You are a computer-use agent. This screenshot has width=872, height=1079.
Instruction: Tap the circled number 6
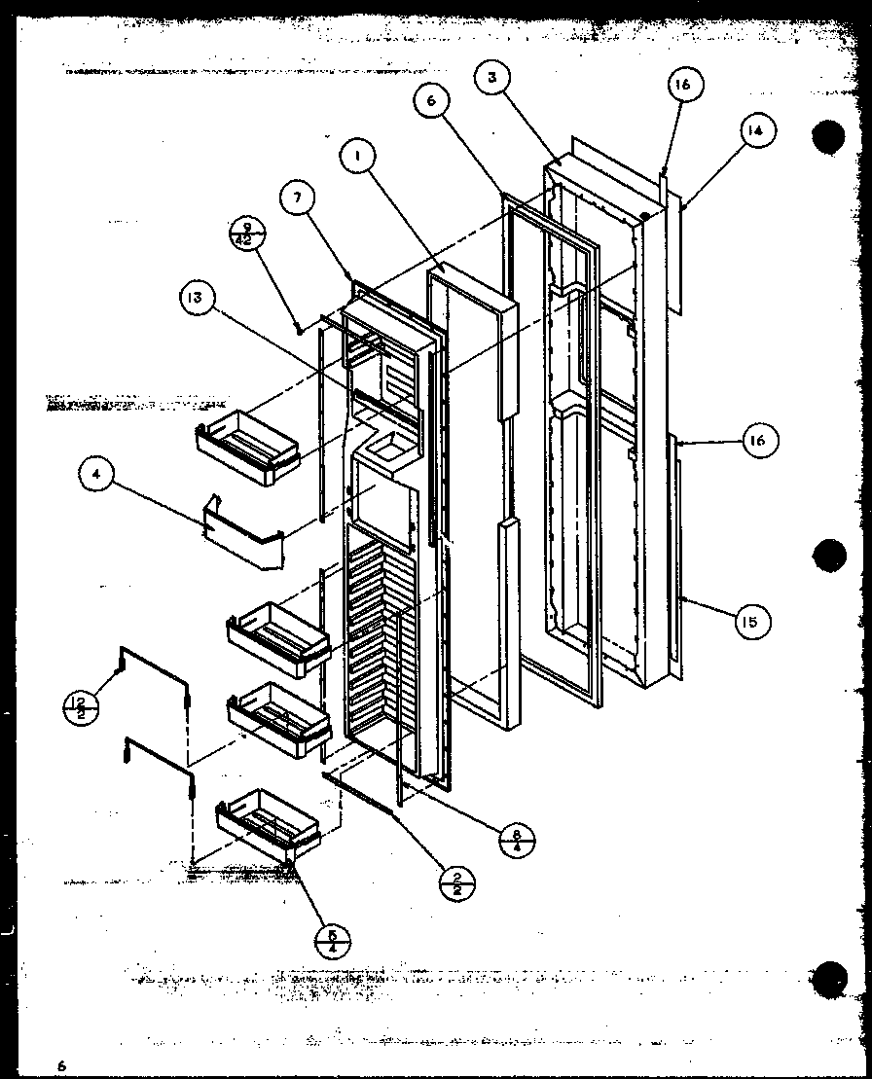pyautogui.click(x=430, y=100)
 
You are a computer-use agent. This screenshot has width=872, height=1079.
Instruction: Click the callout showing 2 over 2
pyautogui.click(x=455, y=882)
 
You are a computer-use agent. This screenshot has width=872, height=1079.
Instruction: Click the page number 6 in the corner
pyautogui.click(x=60, y=1065)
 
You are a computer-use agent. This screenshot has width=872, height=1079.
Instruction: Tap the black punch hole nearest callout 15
pyautogui.click(x=830, y=557)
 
